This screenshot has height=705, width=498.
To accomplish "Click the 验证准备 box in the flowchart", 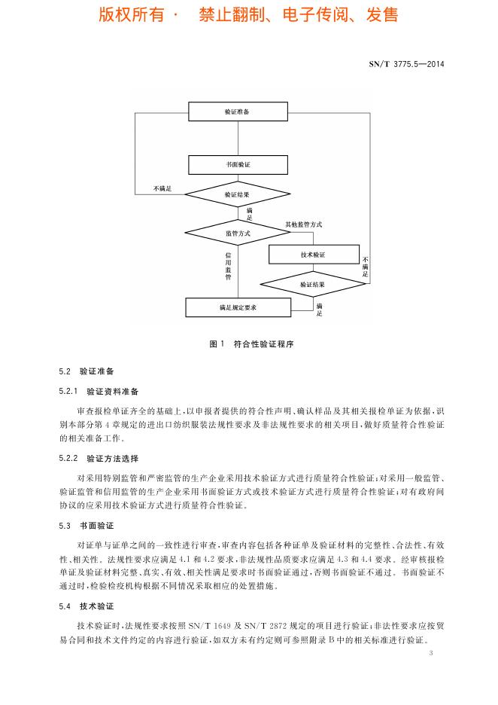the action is (238, 111).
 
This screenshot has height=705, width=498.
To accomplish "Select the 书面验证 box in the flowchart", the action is (238, 164).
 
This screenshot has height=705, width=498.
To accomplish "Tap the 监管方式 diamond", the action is (238, 233).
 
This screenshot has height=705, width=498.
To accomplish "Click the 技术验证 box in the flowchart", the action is (314, 255).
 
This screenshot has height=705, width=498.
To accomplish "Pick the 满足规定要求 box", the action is (238, 307).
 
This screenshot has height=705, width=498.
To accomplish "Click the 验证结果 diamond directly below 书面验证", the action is (238, 194).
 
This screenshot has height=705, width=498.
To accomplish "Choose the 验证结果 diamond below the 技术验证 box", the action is (313, 284).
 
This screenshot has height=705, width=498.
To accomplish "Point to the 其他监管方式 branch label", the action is (304, 224).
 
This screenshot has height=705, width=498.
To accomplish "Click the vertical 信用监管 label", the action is (228, 266).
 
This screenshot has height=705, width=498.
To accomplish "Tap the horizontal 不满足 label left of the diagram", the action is (162, 189).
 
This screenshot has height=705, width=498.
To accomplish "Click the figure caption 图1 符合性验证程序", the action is (251, 344).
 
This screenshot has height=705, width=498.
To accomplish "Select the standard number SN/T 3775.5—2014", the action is (406, 64).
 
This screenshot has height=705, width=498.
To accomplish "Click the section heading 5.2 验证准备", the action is (87, 371).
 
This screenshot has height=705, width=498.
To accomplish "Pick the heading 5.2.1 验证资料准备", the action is (99, 392).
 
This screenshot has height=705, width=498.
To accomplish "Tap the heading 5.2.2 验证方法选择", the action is (99, 459).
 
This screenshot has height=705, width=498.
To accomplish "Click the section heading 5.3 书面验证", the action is (87, 526).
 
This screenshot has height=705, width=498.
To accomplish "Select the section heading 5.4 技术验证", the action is (87, 606).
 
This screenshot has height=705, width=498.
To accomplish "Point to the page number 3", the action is (431, 653).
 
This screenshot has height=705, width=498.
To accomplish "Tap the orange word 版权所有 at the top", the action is (132, 15).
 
